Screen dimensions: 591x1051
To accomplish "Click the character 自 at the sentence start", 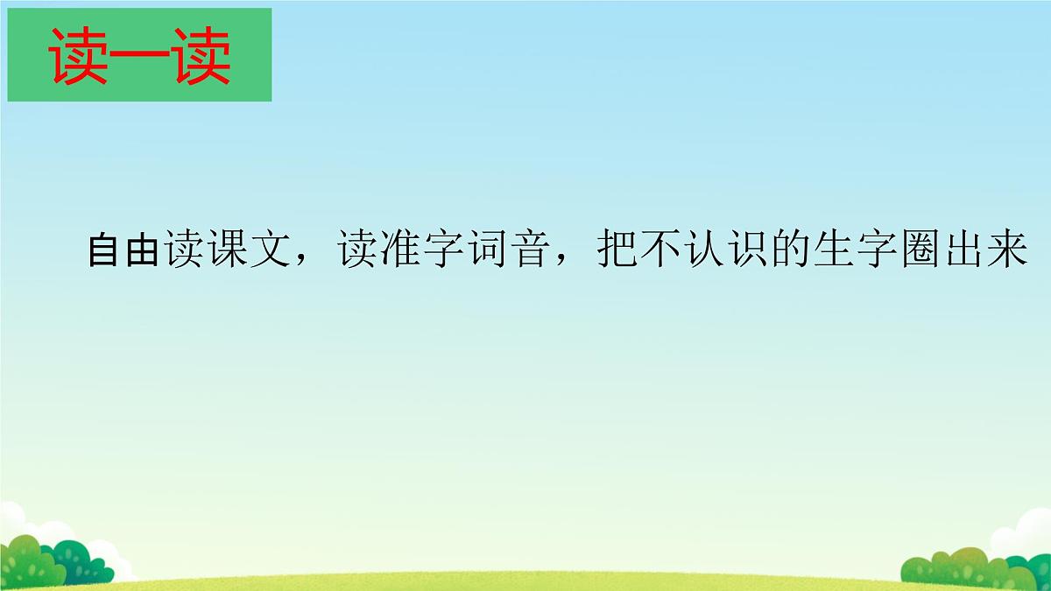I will coord(106,251).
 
